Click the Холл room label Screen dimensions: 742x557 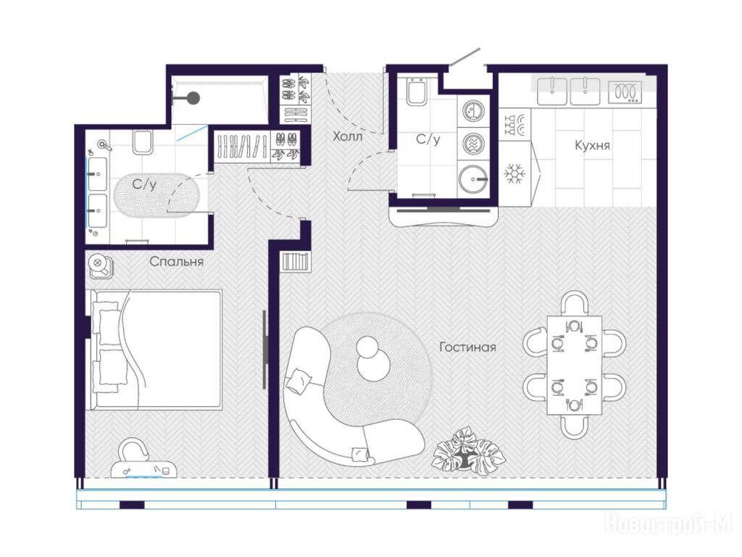347,137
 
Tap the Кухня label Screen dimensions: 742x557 592,145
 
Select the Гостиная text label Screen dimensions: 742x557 467,347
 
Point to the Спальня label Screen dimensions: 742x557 177,261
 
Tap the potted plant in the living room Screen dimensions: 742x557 469,451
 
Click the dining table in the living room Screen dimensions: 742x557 574,365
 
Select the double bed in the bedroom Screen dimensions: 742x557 157,349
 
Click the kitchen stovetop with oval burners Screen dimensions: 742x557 625,91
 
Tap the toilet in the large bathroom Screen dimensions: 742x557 143,141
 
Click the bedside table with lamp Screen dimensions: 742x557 100,266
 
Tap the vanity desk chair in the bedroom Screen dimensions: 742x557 133,450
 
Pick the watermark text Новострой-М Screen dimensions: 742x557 669,524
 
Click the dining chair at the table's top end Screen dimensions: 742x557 574,303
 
